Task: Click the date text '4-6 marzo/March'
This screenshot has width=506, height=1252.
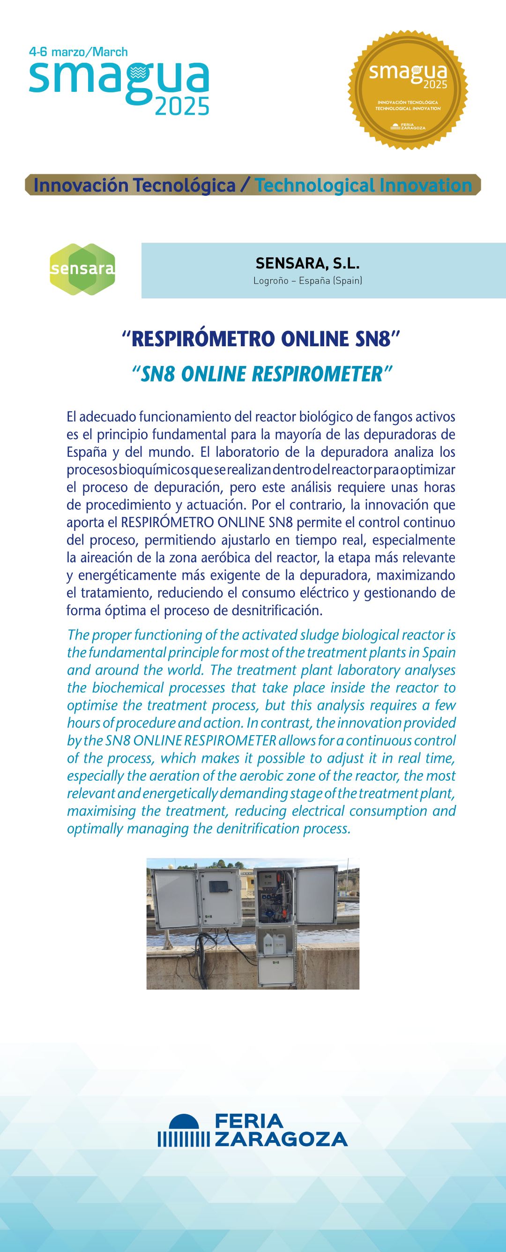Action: tap(78, 52)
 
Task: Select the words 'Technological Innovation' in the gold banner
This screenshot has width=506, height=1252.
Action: tap(364, 185)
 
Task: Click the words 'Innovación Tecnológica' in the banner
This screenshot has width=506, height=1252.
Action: tap(134, 185)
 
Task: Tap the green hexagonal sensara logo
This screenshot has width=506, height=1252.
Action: tap(82, 269)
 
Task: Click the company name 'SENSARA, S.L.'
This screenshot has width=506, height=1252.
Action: tap(308, 263)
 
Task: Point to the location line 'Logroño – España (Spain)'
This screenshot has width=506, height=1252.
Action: tap(308, 281)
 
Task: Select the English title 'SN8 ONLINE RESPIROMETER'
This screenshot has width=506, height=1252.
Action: tap(261, 374)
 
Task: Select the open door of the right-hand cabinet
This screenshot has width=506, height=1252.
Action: tap(316, 895)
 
